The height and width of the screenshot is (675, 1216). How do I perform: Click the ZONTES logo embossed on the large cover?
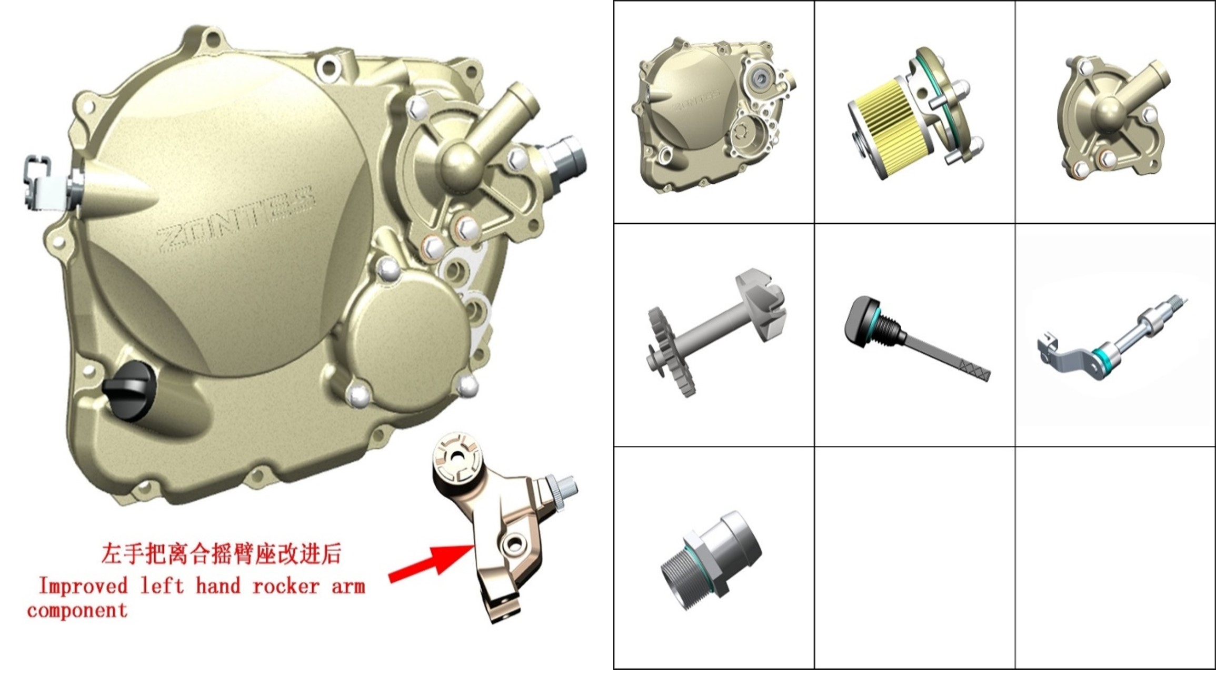[236, 217]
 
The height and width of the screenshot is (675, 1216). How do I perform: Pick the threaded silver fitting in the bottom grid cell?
[711, 560]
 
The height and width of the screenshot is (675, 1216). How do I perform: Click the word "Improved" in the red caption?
[84, 586]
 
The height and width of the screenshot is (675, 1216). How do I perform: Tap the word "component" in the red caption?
[77, 611]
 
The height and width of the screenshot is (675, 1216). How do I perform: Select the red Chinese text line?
[221, 554]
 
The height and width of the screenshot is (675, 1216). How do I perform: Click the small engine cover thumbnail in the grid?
[714, 115]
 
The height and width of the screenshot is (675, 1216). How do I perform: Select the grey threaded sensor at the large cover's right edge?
[566, 158]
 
